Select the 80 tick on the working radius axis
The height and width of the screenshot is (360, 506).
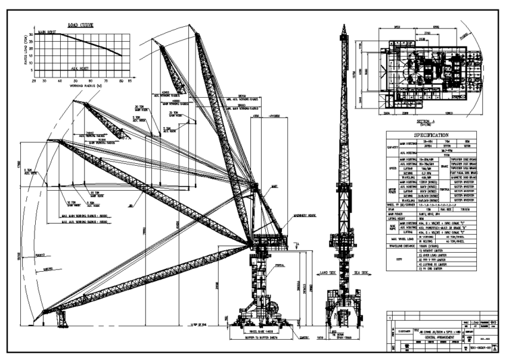pos(121,81)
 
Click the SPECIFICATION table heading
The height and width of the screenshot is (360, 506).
pos(430,136)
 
